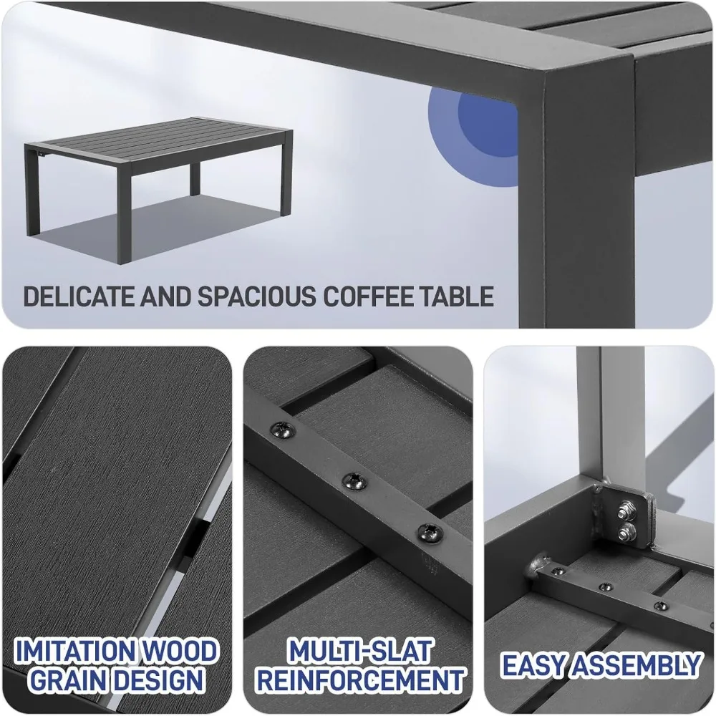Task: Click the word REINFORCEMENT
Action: pos(360,680)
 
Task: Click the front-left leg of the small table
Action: pos(32,192)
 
